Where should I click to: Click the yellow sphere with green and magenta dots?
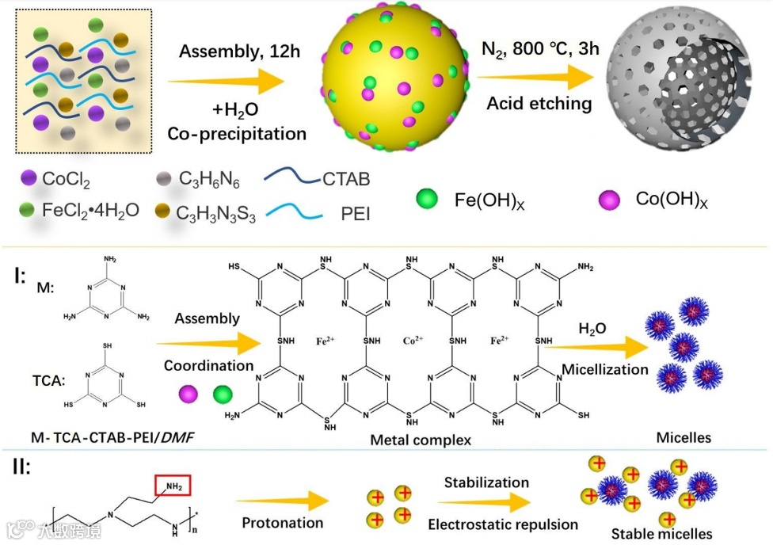(x=394, y=77)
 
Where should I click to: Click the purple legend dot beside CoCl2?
(x=29, y=179)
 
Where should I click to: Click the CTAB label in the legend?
(x=346, y=179)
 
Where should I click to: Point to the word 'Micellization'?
(x=605, y=370)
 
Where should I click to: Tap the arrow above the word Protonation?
(x=281, y=500)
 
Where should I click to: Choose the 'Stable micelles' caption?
(x=661, y=533)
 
